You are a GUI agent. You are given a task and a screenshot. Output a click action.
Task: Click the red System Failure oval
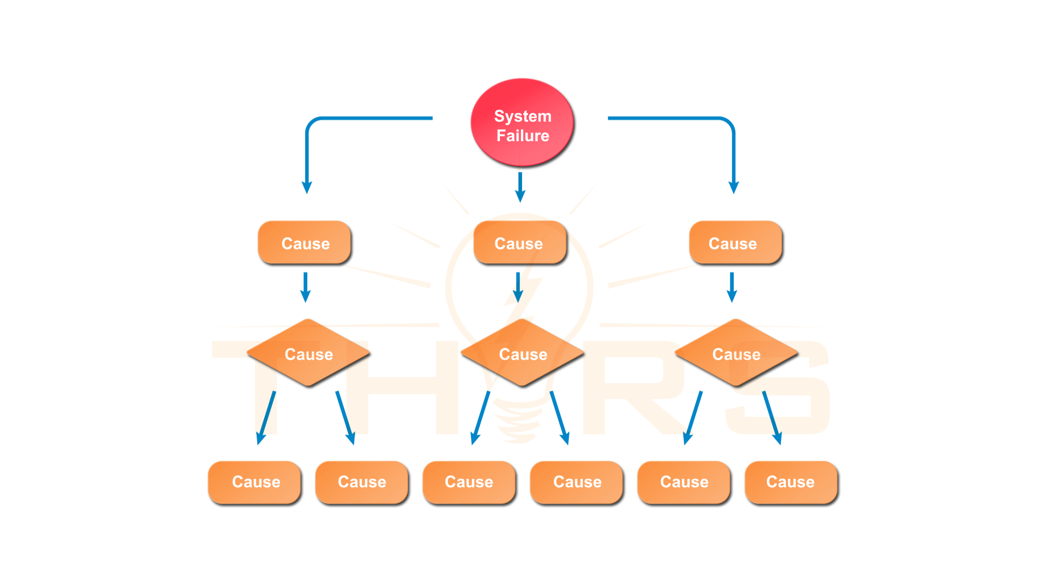pos(522,122)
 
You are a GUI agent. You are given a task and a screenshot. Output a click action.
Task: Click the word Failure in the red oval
pos(523,136)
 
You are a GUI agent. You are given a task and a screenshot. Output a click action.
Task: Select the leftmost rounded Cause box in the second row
pos(304,243)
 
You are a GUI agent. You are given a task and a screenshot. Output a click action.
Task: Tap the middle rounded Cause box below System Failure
pos(520,243)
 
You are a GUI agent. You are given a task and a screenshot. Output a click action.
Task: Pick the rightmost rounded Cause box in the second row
pos(735,243)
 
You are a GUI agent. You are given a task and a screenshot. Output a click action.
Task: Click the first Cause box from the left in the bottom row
pos(255,482)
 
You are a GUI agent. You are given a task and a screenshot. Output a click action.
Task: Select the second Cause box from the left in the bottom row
pos(362,482)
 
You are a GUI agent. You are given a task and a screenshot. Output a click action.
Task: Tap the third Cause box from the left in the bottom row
pos(469,482)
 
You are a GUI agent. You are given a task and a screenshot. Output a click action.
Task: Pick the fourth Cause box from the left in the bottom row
pos(577,482)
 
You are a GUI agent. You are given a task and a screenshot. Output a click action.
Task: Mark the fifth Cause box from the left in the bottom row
pos(684,482)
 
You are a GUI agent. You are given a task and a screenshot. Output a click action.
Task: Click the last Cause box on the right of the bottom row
pos(792,482)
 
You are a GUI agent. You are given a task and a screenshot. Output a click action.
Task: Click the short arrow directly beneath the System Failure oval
pos(520,187)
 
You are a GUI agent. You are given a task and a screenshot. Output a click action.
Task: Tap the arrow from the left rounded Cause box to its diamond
pos(306,287)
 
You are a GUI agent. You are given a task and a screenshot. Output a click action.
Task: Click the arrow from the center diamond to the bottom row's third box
pos(480,418)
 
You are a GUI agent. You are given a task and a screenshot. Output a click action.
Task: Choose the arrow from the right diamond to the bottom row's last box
pos(772,418)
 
